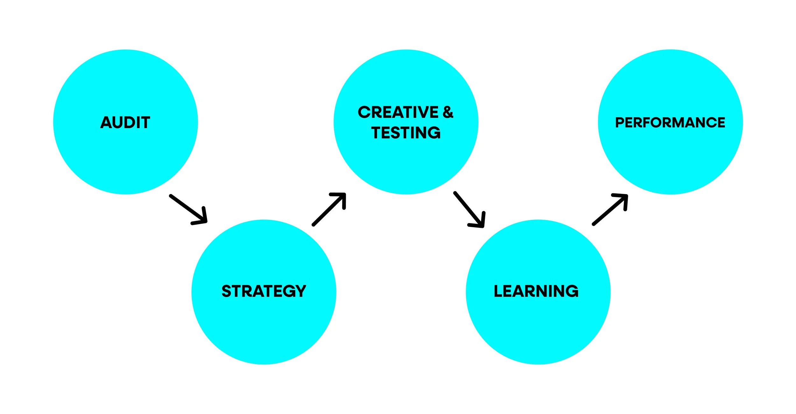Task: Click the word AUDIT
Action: [x=125, y=122]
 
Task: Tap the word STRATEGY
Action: [x=264, y=291]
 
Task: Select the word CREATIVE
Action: [x=398, y=112]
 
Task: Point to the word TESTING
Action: [x=406, y=133]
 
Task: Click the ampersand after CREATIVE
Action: [x=448, y=112]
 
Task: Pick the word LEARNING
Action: [x=536, y=291]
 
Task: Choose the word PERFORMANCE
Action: [x=670, y=122]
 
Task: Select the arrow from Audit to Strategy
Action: [x=188, y=209]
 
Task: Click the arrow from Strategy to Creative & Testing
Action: [x=329, y=209]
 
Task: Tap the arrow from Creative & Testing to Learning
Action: [x=469, y=209]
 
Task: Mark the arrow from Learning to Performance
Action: [x=610, y=209]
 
